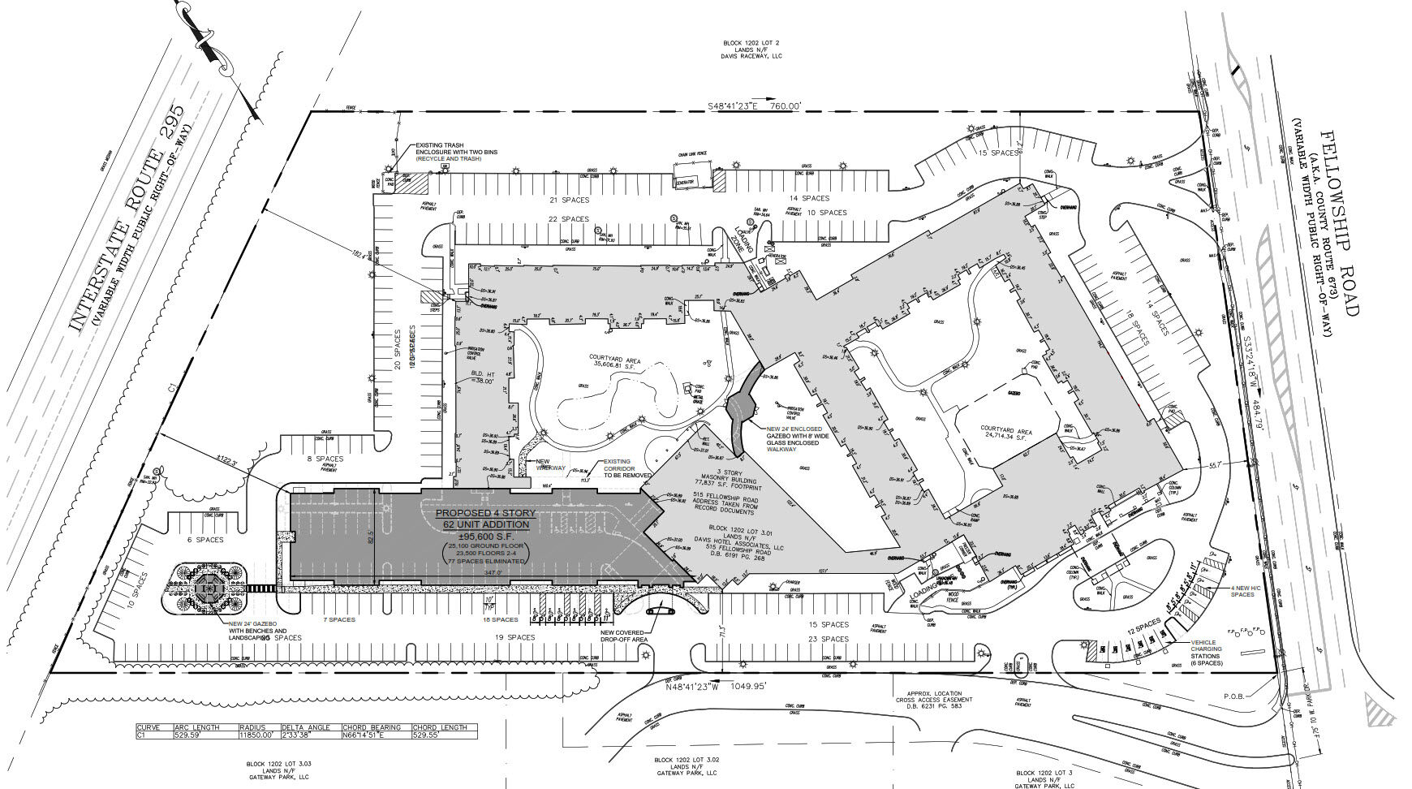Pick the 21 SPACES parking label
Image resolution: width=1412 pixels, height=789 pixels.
coord(569,200)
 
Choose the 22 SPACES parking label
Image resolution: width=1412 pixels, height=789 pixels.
coord(569,219)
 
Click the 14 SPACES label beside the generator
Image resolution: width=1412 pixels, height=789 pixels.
coord(810,198)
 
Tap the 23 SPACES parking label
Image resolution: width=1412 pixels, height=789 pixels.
coord(828,639)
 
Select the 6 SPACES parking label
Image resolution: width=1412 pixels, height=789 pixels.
coord(204,540)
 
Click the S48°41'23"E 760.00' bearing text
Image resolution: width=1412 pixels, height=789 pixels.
coord(754,106)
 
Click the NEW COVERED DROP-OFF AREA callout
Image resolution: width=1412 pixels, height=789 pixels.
coord(622,636)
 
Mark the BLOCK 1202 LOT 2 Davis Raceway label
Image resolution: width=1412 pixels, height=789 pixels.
coord(753,50)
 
